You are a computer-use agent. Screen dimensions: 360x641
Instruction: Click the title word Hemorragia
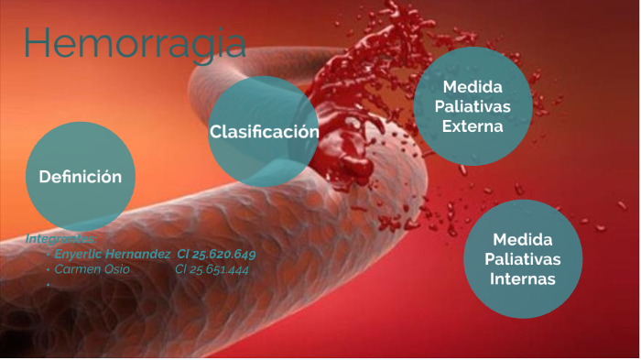coord(135,44)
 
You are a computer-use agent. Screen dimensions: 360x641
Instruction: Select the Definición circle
coord(80,177)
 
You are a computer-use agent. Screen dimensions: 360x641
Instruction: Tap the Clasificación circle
coord(264,131)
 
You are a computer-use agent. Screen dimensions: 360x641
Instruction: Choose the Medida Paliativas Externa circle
coord(473,106)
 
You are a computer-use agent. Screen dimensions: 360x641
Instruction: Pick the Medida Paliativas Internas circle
coord(523,258)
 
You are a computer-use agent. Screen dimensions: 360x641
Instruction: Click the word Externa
coord(473,126)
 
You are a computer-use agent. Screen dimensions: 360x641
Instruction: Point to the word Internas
coord(523,278)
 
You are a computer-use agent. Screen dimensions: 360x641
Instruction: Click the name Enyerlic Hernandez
coord(113,254)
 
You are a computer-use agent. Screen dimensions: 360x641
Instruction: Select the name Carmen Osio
coord(92,269)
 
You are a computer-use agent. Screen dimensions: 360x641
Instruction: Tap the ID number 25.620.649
coord(227,254)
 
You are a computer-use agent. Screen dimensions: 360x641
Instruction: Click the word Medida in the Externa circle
coord(473,86)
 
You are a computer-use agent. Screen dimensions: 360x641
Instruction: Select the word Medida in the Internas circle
coord(523,238)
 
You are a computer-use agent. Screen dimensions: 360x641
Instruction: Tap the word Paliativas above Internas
coord(523,258)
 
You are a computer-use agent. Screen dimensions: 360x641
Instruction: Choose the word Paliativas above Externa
coord(473,106)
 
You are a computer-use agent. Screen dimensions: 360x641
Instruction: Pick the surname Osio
coord(115,269)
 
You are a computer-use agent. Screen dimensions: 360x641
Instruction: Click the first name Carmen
coord(77,269)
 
